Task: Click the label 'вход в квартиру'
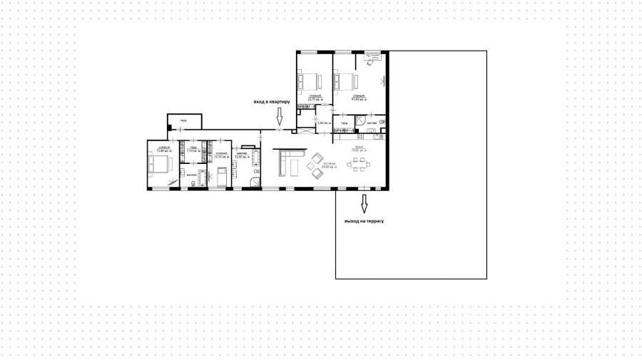(x=271, y=102)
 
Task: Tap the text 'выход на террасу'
(x=365, y=222)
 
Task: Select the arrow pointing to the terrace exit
(x=364, y=205)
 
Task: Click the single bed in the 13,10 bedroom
(x=222, y=175)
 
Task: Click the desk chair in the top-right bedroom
(x=370, y=62)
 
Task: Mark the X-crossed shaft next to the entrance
(x=305, y=131)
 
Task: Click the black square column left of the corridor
(x=170, y=128)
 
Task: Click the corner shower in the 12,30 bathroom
(x=255, y=182)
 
